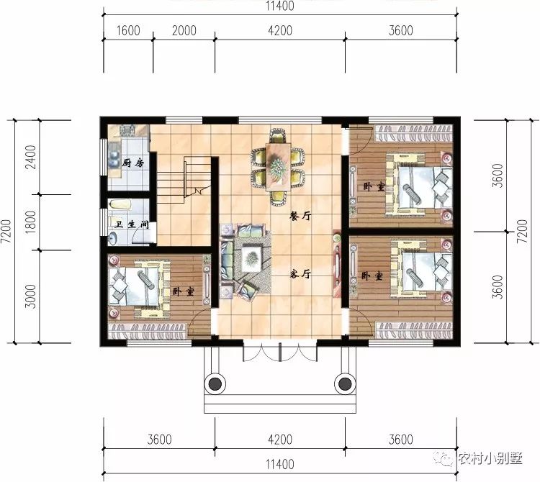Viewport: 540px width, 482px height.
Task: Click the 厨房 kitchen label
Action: [133, 163]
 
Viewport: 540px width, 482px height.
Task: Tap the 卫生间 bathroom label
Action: [132, 224]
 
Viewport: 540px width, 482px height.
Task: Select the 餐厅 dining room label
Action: [301, 216]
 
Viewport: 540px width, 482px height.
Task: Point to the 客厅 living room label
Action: [301, 274]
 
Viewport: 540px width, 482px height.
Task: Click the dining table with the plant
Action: [278, 167]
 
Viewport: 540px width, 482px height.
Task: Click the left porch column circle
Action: [215, 383]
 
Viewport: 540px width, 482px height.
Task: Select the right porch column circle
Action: [345, 383]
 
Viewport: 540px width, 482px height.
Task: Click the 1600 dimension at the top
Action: [128, 31]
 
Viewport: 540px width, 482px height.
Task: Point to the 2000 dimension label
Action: [184, 31]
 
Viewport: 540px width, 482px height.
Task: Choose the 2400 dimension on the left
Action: [32, 157]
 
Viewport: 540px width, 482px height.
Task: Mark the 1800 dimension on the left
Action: [32, 222]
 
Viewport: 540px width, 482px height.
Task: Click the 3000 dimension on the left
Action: [32, 296]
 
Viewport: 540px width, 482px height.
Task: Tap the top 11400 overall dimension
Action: [279, 6]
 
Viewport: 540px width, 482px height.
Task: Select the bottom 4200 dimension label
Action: [280, 440]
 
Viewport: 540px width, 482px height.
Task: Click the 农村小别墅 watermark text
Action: [490, 458]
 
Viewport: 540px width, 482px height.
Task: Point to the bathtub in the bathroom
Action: [120, 205]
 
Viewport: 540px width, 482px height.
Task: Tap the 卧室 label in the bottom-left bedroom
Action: [183, 292]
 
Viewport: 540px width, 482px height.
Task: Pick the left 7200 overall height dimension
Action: [6, 231]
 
